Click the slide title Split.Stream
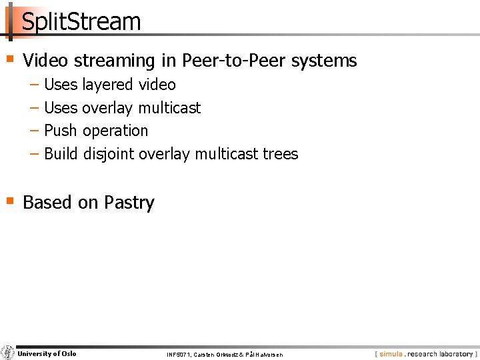(x=81, y=22)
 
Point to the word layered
(x=108, y=85)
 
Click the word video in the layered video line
(x=157, y=85)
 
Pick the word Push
(x=60, y=131)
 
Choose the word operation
(x=115, y=131)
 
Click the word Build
(x=61, y=154)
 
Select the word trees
(x=280, y=154)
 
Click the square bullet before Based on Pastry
(x=9, y=201)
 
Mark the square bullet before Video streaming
(x=9, y=59)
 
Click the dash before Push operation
(x=34, y=131)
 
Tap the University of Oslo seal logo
(x=7, y=353)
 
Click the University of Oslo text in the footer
(x=47, y=353)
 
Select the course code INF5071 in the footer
(x=178, y=355)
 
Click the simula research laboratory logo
(x=425, y=354)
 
